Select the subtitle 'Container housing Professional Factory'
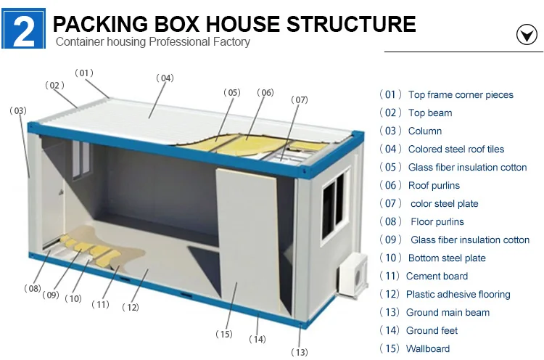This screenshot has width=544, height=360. pos(153,41)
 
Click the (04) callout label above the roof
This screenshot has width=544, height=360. pos(165,78)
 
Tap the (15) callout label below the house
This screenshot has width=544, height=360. pos(223,334)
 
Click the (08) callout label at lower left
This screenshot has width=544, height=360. pos(32,288)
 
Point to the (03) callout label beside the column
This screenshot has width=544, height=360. pos(17,110)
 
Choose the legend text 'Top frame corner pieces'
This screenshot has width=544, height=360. pos(461,94)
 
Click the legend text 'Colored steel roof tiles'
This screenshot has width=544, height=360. pos(456,149)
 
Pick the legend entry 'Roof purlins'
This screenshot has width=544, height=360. pos(434,185)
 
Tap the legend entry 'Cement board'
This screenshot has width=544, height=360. pos(437,276)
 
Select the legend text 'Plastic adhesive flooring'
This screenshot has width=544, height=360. pos(458,294)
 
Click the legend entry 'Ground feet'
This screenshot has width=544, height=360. pos(432,330)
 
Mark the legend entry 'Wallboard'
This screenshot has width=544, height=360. pos(428,348)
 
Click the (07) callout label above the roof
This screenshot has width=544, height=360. pos(299,99)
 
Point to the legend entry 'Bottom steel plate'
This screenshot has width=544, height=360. pos(447,258)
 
